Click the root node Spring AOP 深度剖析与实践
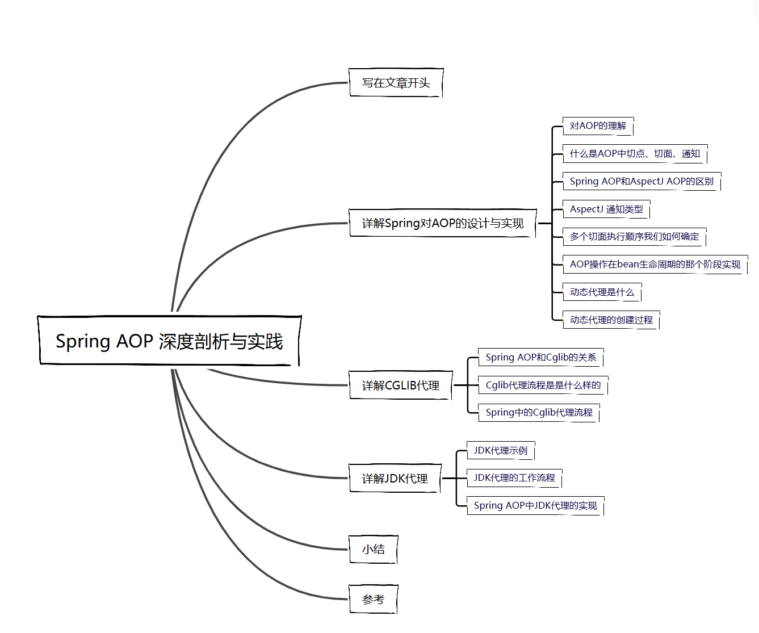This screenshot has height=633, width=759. tap(169, 341)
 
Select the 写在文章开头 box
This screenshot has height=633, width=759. tap(396, 83)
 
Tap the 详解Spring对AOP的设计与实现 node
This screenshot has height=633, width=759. tap(442, 223)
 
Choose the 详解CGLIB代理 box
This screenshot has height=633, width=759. tap(400, 385)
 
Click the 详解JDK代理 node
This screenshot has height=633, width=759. tap(395, 479)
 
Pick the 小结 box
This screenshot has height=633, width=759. tap(373, 550)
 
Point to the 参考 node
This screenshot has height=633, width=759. tap(373, 600)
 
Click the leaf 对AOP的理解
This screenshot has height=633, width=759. tap(598, 126)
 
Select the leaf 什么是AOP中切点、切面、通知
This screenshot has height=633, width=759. tap(635, 154)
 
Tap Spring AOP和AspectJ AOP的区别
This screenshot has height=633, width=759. tap(641, 182)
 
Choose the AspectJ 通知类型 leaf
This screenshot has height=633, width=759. tap(606, 209)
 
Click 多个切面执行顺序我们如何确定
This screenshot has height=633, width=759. tap(634, 237)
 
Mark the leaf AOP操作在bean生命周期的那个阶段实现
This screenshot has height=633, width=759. tap(655, 265)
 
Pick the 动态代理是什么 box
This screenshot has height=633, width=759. tap(602, 292)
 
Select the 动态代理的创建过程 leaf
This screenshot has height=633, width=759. tap(611, 320)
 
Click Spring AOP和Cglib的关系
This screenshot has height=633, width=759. tap(541, 358)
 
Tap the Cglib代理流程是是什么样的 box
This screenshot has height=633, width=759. tap(543, 385)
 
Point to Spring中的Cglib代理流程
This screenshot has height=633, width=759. tap(539, 413)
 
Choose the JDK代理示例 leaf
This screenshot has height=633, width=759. tap(501, 451)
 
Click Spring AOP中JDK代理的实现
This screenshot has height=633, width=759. tap(535, 506)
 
